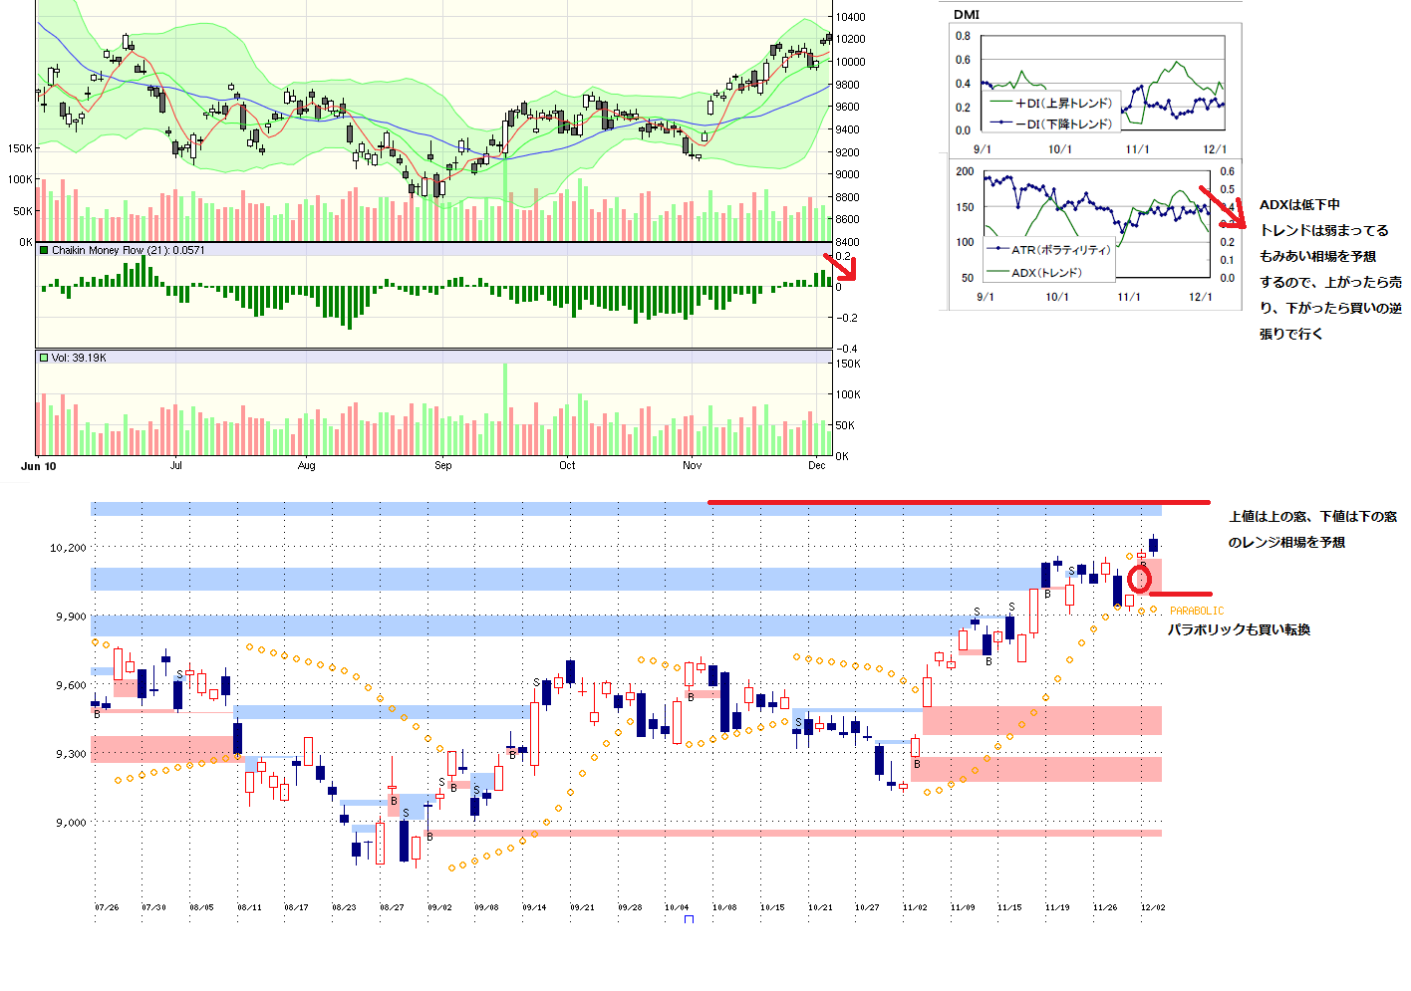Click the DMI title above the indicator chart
point(966,15)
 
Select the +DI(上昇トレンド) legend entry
point(1063,104)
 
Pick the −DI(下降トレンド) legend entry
point(1063,124)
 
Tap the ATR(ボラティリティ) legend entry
point(1060,250)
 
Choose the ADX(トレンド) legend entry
point(1046,273)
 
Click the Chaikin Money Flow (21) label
point(128,251)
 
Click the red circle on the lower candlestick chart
point(1139,578)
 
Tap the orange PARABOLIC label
point(1197,611)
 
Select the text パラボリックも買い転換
point(1239,629)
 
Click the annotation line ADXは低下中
point(1299,205)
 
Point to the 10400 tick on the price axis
point(850,17)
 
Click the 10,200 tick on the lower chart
point(68,548)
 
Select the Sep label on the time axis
point(442,465)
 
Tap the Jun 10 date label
point(39,466)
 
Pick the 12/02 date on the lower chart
point(1152,907)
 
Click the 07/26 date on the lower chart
point(107,907)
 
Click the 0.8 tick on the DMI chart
point(963,36)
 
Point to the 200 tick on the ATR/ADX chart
point(965,171)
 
